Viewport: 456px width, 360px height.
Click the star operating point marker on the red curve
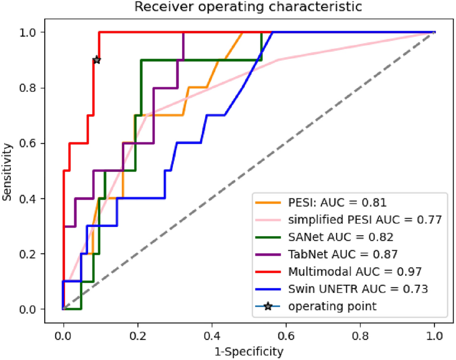[97, 60]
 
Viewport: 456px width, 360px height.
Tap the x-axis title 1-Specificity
[249, 352]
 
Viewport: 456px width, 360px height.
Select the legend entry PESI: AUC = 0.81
[337, 203]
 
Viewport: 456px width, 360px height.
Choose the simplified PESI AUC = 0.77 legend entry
[364, 219]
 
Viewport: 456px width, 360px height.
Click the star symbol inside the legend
[268, 306]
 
